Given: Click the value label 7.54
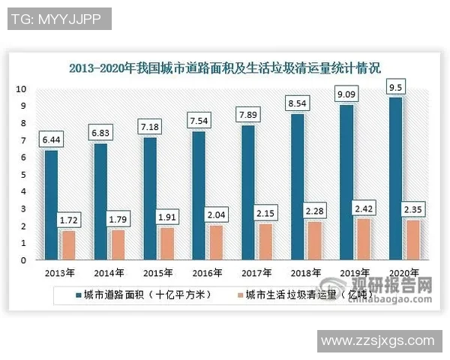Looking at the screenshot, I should tap(199, 121).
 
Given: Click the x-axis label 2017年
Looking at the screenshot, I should tap(256, 272).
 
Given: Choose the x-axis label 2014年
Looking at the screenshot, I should tap(109, 272).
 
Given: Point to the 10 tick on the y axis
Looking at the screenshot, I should tap(22, 88).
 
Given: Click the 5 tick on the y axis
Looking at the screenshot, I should tap(24, 175).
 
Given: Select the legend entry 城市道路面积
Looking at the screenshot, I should tap(136, 295).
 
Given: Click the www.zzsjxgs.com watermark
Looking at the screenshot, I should tap(377, 340).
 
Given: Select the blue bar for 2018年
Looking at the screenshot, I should tap(298, 187).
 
